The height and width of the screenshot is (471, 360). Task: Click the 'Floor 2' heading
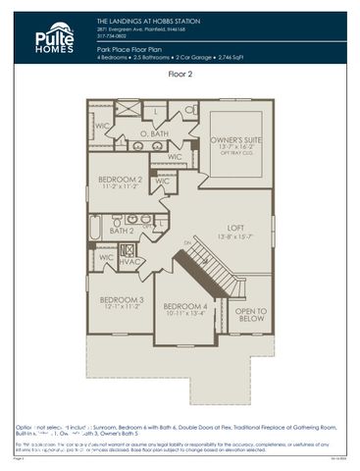click(x=180, y=74)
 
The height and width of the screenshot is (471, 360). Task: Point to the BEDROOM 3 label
click(x=122, y=299)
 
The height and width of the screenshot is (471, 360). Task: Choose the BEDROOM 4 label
click(x=186, y=306)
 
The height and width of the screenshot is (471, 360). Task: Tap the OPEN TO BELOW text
click(x=251, y=315)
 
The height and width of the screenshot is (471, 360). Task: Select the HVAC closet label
click(x=129, y=262)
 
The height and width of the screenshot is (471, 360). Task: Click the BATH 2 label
click(x=122, y=231)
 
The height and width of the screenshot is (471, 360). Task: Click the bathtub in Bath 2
click(x=95, y=228)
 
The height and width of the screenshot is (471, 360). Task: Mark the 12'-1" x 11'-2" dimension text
click(x=122, y=307)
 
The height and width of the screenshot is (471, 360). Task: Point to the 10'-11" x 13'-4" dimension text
click(x=186, y=314)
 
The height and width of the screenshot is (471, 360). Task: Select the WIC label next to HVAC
click(x=105, y=258)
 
